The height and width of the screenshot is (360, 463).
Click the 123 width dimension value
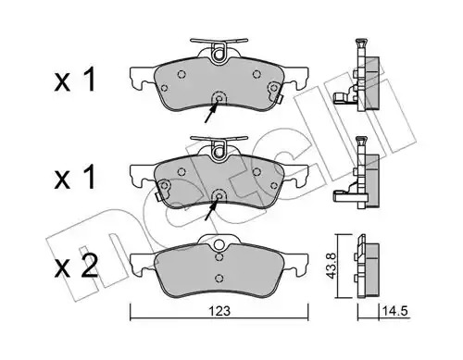pos(219,311)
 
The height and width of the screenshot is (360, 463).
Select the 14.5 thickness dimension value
pos(395,311)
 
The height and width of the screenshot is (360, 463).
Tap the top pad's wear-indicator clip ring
pos(219,55)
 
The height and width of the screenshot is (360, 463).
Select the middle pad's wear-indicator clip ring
pos(219,152)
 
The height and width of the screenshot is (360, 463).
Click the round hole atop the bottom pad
pos(219,245)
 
